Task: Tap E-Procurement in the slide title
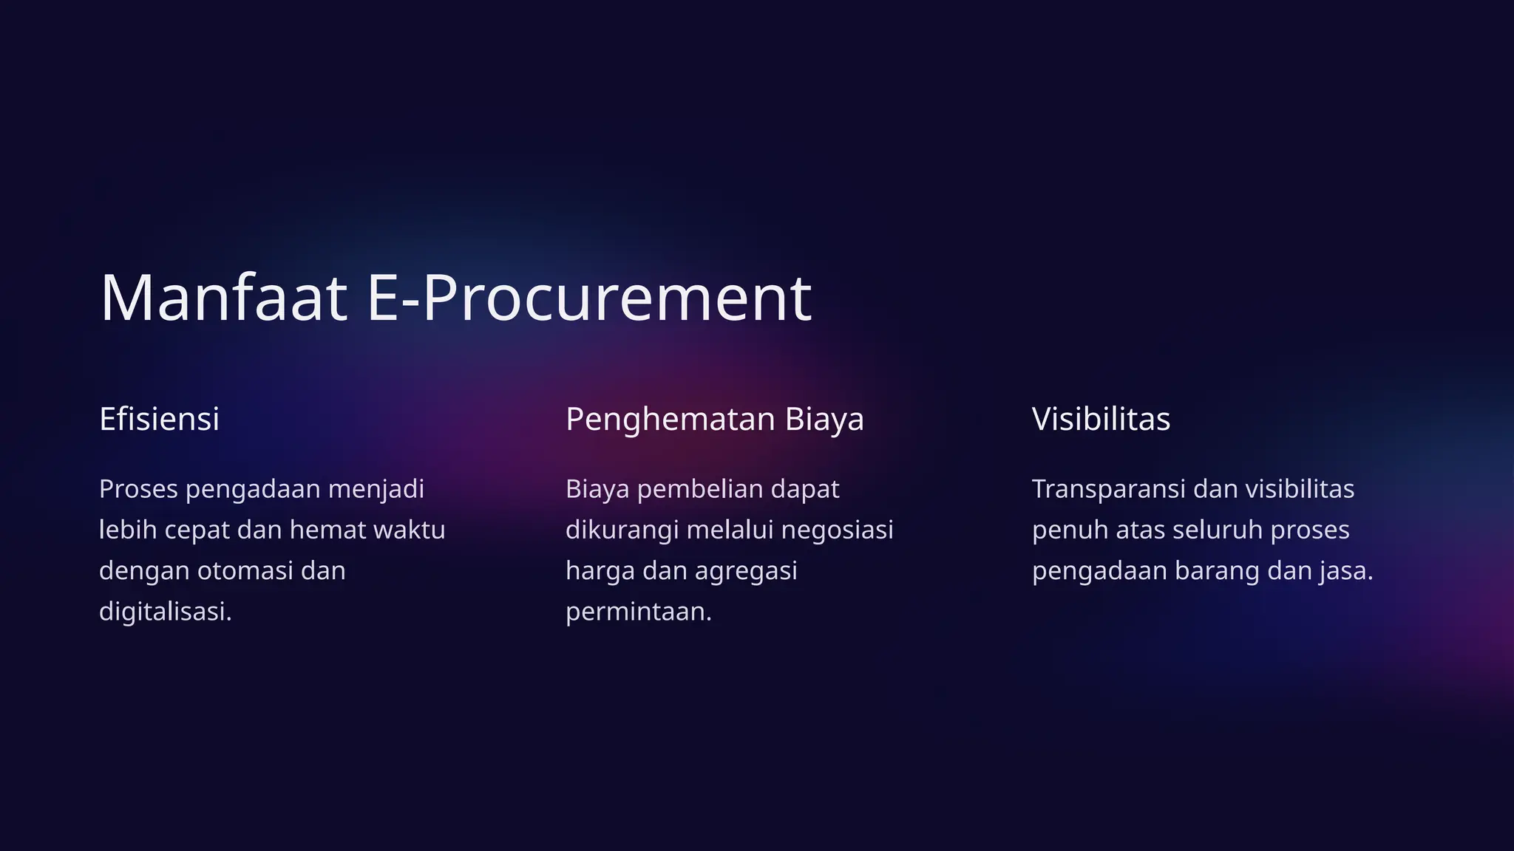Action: click(589, 298)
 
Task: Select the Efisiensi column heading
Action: click(159, 419)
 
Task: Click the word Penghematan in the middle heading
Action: click(670, 419)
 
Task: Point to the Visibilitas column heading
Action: click(1101, 419)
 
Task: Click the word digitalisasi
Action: click(165, 612)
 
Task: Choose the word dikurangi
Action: click(622, 530)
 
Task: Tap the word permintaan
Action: click(638, 612)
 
